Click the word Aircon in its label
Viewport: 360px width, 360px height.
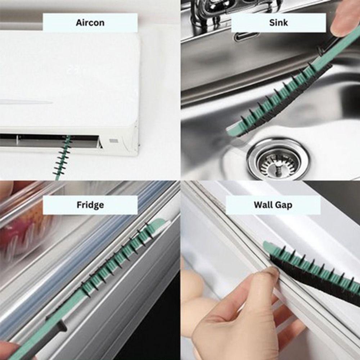pyautogui.click(x=90, y=23)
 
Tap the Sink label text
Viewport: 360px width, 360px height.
pyautogui.click(x=278, y=23)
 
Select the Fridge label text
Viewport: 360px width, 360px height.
pyautogui.click(x=90, y=205)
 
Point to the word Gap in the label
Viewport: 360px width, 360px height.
pyautogui.click(x=285, y=205)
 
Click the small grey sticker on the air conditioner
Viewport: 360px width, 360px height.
pyautogui.click(x=114, y=141)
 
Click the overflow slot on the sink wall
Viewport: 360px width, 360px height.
pyautogui.click(x=247, y=36)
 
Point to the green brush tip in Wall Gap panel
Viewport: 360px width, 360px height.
pyautogui.click(x=268, y=247)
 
